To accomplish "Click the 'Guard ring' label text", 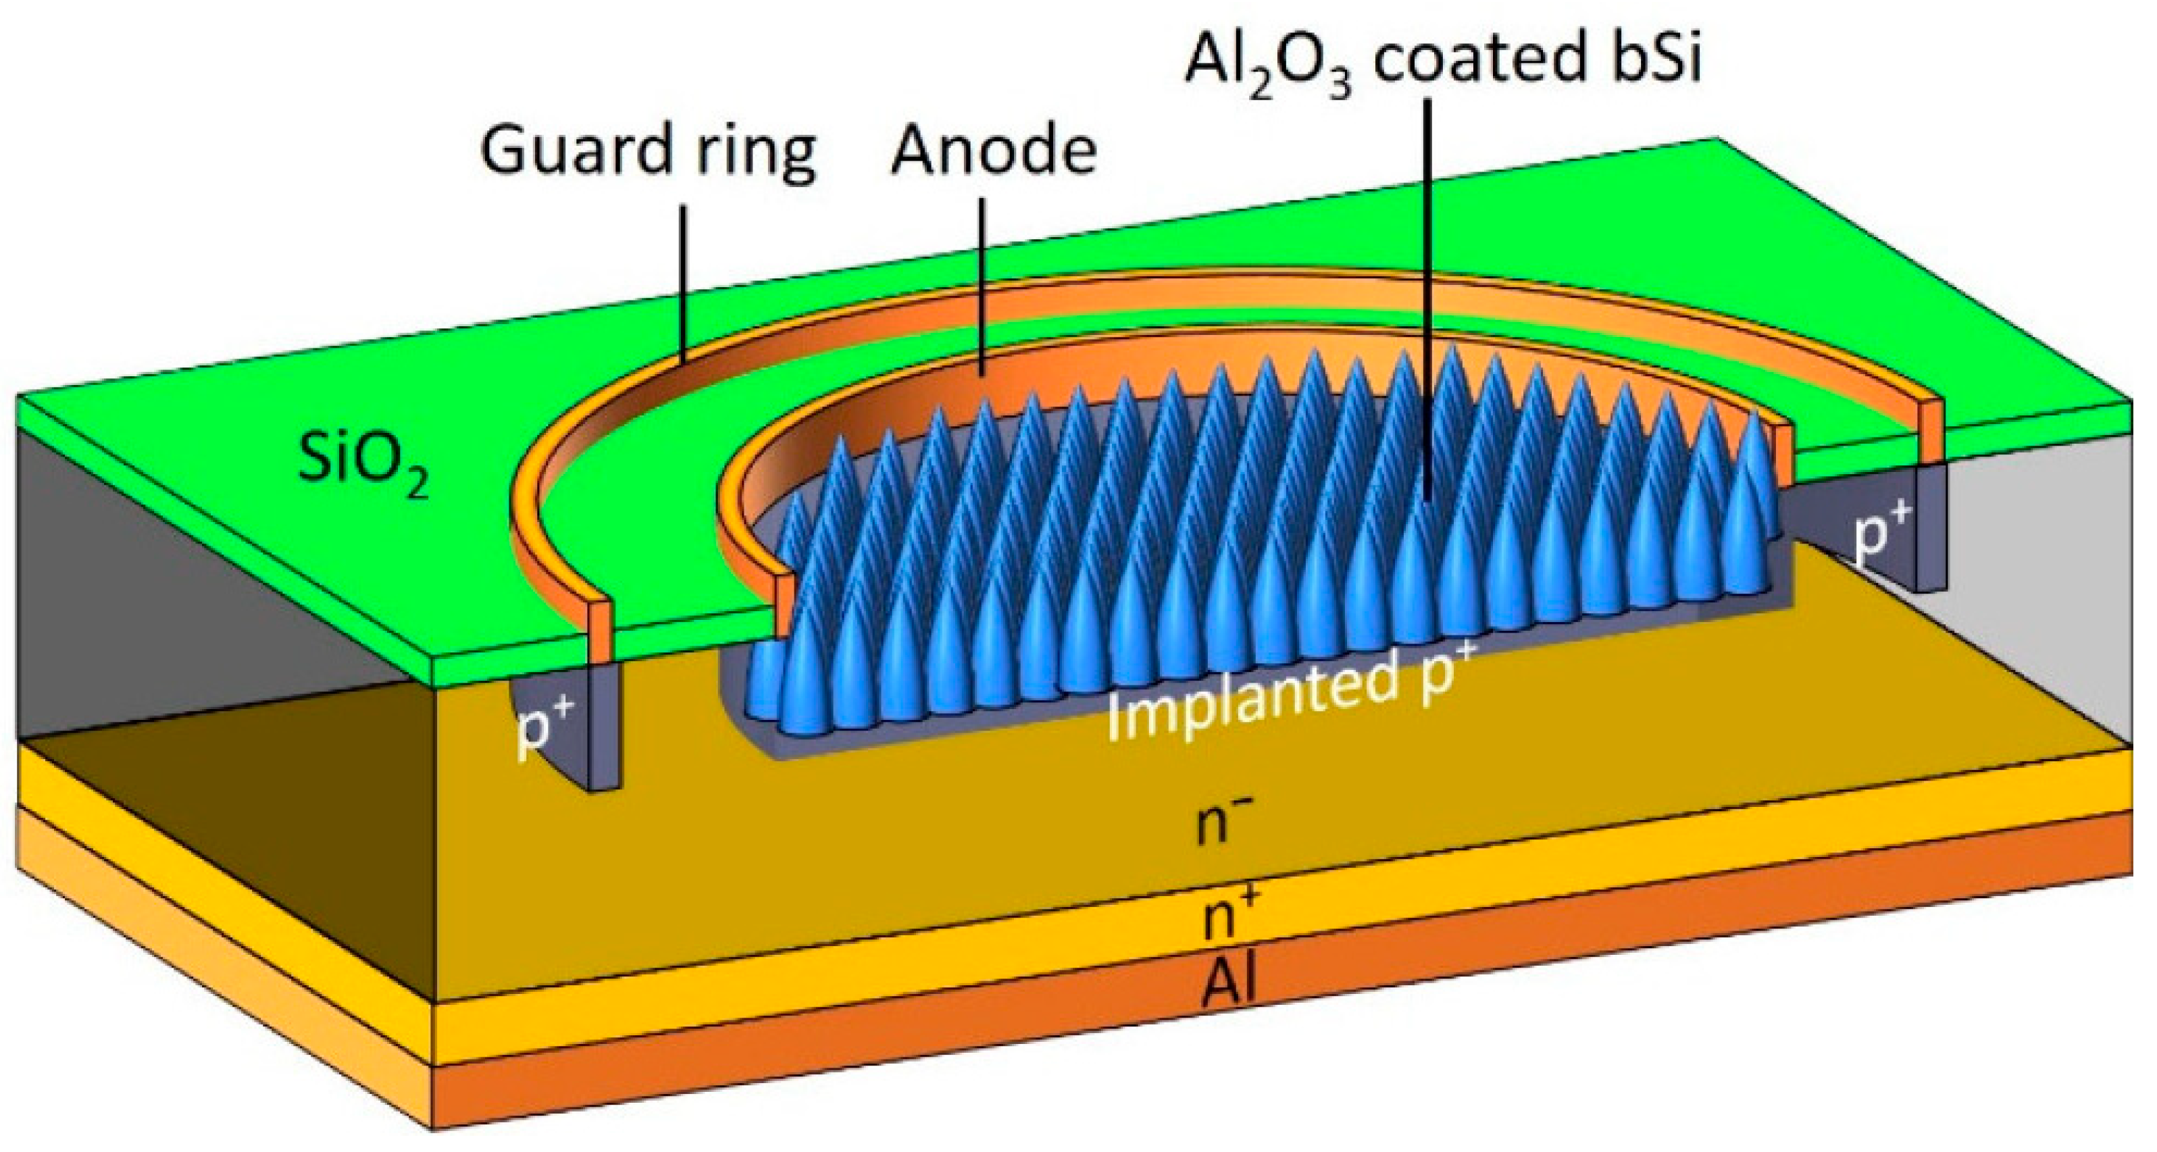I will click(646, 153).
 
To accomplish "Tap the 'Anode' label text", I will click(993, 153).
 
